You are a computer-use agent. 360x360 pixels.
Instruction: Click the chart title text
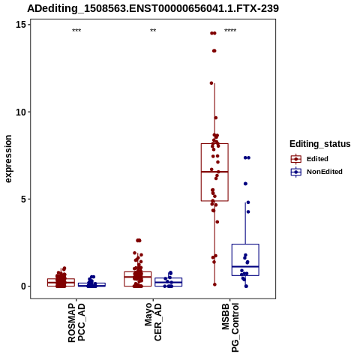click(x=153, y=8)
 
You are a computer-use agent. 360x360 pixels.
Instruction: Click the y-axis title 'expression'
click(x=8, y=159)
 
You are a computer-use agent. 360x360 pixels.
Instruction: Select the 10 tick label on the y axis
click(x=21, y=112)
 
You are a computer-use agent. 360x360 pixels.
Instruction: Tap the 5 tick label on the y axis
click(x=24, y=199)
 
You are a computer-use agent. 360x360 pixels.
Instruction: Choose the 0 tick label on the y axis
click(x=24, y=286)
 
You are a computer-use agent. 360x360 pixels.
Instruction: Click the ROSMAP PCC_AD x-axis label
click(x=76, y=322)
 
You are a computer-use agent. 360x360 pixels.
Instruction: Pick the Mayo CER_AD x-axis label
click(x=153, y=322)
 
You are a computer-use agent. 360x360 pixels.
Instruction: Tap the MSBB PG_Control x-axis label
click(x=230, y=328)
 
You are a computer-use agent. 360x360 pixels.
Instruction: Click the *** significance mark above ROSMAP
click(x=76, y=31)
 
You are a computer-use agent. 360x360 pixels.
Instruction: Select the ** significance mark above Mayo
click(x=153, y=31)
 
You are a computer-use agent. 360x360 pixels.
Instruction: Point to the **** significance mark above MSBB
click(x=230, y=31)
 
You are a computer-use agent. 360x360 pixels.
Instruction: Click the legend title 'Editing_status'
click(x=320, y=144)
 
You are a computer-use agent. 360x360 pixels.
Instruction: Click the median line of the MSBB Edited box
click(x=214, y=172)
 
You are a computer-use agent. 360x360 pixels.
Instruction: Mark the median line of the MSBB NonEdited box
click(x=245, y=267)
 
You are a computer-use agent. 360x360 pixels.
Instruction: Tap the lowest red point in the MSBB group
click(x=214, y=284)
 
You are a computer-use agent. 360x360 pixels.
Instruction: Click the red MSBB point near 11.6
click(x=211, y=83)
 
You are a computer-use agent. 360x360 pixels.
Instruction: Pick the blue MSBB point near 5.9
click(x=245, y=184)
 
